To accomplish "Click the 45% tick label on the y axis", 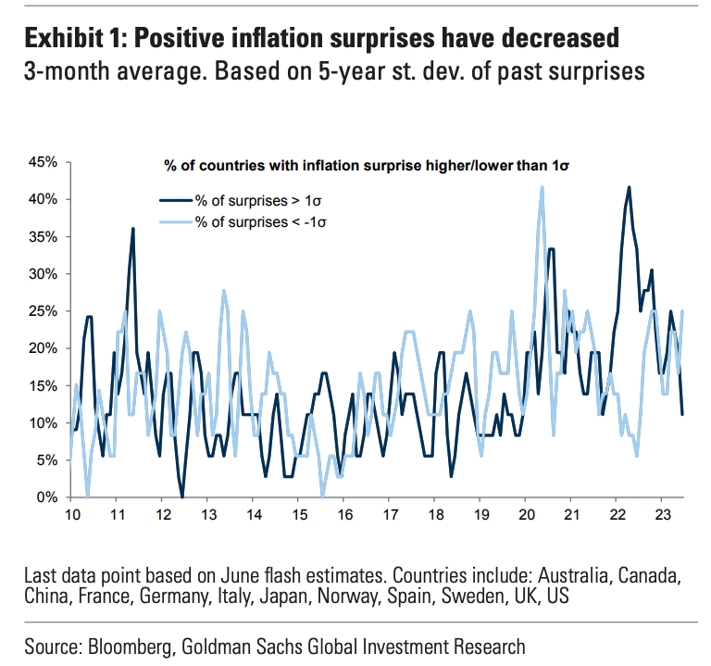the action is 44,162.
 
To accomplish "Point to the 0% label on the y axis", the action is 46,497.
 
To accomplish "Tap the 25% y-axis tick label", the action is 44,311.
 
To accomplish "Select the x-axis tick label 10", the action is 72,515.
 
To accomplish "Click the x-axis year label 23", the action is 663,515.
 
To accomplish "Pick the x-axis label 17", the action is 391,515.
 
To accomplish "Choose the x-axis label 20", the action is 527,515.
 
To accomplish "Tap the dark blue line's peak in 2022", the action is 629,187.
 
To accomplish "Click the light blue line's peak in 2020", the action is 542,187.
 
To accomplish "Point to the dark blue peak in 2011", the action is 133,229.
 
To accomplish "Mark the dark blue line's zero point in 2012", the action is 182,496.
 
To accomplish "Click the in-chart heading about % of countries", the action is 367,166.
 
